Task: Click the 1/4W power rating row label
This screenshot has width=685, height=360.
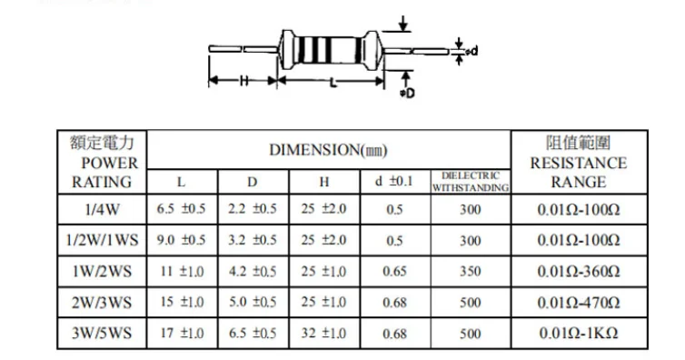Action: click(x=102, y=210)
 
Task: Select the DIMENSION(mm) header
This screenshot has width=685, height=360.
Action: click(x=329, y=150)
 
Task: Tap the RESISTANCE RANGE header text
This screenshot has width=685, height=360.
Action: click(x=579, y=172)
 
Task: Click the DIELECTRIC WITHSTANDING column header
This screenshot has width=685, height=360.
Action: click(x=471, y=182)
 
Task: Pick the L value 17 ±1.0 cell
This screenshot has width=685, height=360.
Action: click(x=182, y=334)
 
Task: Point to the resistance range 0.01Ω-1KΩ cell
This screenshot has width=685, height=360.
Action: click(x=579, y=334)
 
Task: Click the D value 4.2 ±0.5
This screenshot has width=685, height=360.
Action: click(x=253, y=271)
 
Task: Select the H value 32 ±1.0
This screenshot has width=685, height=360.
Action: click(x=323, y=334)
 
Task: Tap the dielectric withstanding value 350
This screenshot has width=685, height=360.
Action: click(x=470, y=271)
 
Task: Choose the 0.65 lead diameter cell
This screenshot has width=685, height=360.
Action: click(x=394, y=271)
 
